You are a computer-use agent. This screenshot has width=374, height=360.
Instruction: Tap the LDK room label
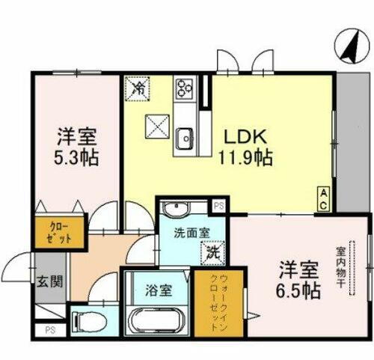[239, 138]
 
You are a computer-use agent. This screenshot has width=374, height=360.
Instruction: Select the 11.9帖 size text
[245, 158]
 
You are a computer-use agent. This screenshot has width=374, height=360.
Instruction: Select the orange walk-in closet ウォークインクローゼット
[213, 305]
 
